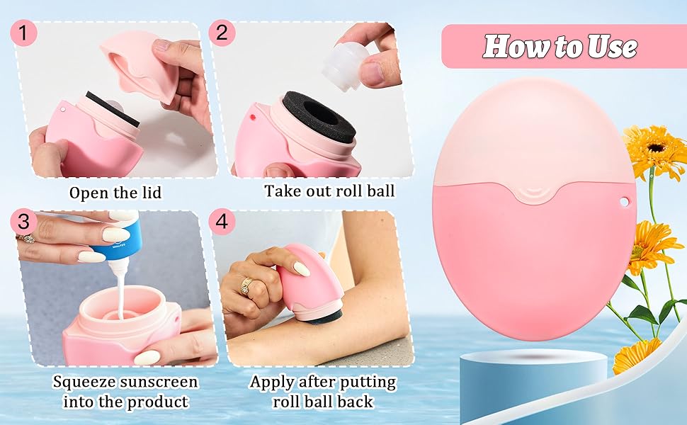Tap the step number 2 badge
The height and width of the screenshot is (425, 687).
[x=222, y=33]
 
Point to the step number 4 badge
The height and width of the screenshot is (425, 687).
[x=222, y=221]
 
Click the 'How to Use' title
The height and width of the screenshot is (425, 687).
[x=560, y=47]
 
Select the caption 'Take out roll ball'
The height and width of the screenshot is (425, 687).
[x=329, y=191]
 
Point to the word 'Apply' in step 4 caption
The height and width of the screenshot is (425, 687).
[x=273, y=382]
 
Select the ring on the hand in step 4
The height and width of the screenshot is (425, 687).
[x=246, y=285]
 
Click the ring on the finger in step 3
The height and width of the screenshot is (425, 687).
[x=29, y=238]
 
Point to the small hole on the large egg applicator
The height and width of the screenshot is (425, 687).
[x=624, y=202]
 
